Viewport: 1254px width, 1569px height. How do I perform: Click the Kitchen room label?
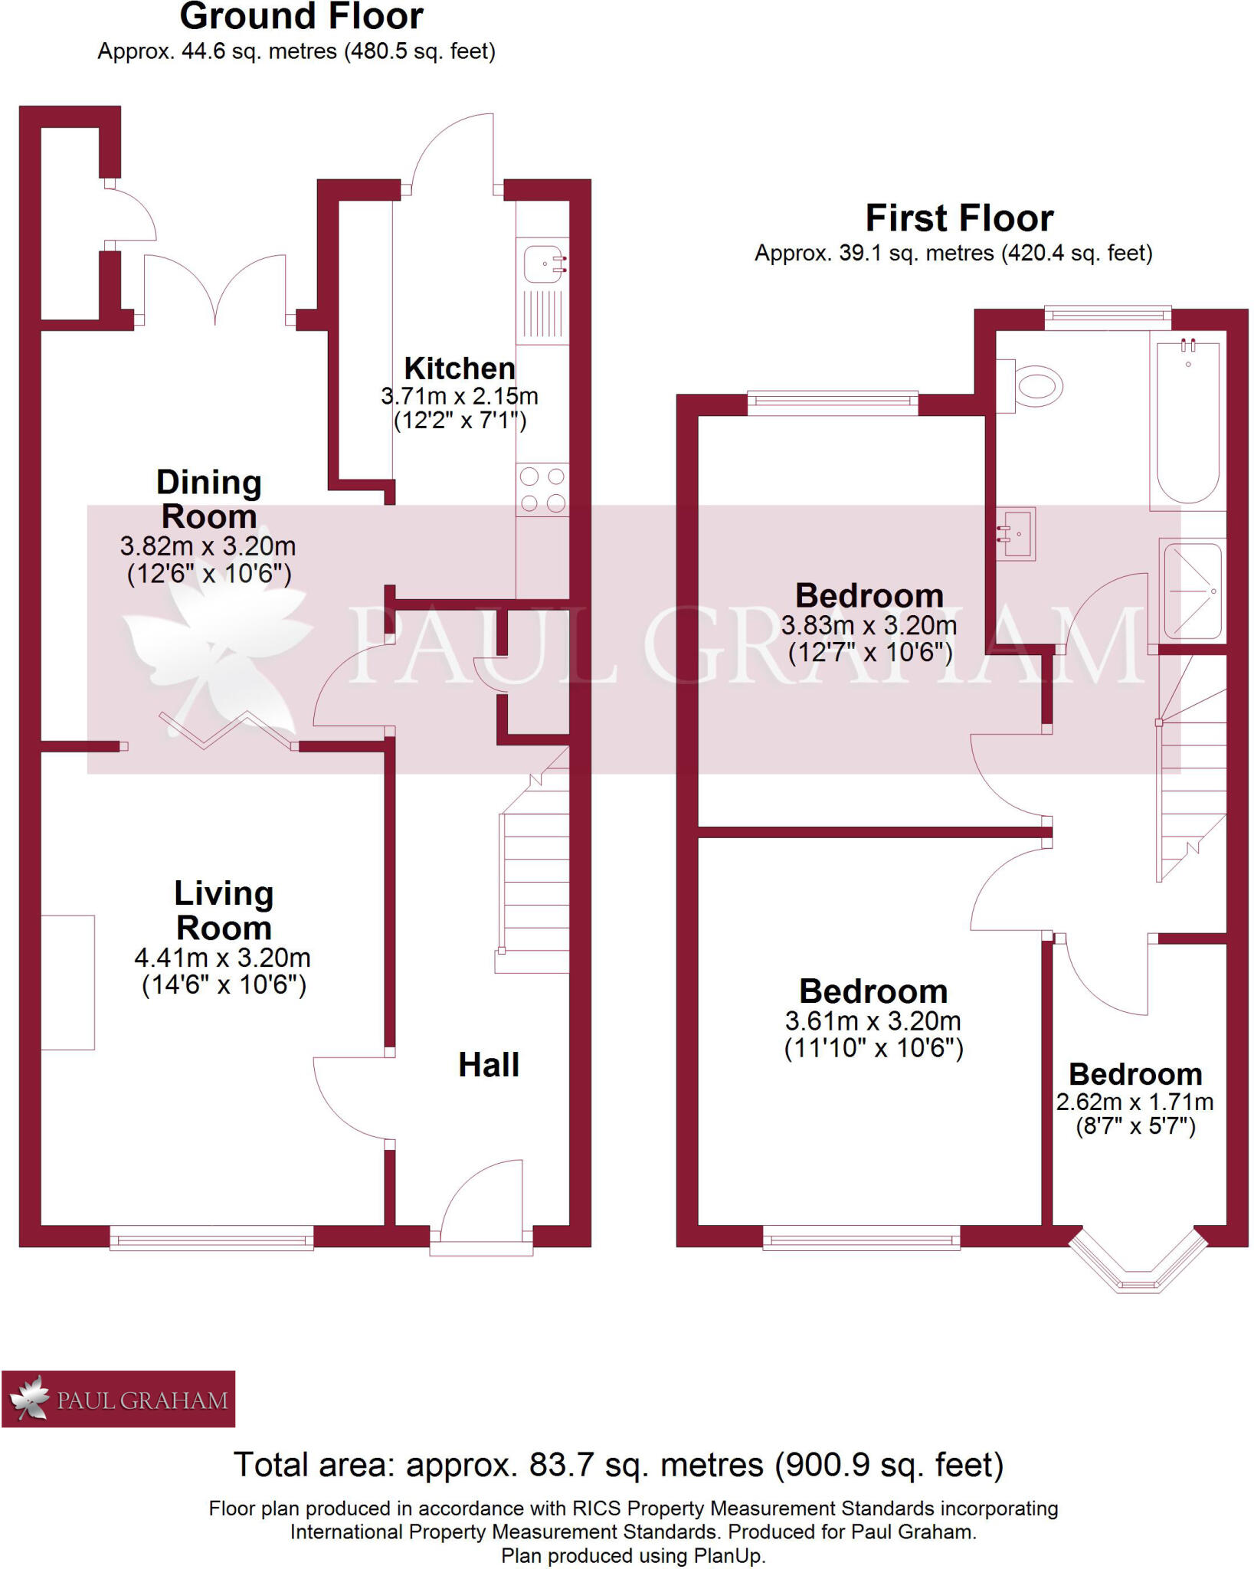(460, 369)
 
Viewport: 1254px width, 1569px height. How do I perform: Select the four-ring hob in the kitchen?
(542, 490)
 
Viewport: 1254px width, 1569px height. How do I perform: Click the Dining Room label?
(208, 500)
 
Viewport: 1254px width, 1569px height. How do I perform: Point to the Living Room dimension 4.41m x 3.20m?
(222, 958)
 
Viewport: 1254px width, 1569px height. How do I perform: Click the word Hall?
(489, 1065)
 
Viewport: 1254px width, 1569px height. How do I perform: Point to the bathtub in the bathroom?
(1187, 421)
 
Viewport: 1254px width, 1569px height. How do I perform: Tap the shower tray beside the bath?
(1192, 591)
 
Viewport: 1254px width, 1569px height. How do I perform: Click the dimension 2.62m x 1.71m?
(1134, 1102)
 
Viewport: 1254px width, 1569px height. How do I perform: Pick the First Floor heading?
(959, 219)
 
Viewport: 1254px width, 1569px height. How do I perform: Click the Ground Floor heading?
(301, 17)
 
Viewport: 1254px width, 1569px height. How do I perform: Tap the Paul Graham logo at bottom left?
(119, 1399)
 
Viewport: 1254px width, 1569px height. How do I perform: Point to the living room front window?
(211, 1237)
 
